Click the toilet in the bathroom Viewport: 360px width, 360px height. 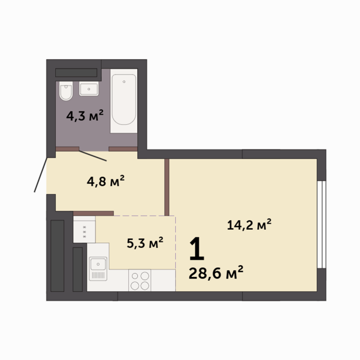[x=66, y=90]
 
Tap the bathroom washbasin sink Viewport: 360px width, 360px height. [x=89, y=89]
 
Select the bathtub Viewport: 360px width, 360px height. [x=124, y=101]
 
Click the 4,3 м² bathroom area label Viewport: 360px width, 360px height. [x=85, y=115]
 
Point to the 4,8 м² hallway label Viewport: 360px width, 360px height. [x=105, y=180]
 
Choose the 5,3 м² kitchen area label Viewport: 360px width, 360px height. [x=145, y=243]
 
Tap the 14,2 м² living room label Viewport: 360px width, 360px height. [x=249, y=225]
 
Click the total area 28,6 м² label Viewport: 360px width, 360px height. [x=216, y=272]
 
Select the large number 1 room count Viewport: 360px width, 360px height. [x=197, y=249]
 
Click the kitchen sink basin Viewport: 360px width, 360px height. [x=98, y=264]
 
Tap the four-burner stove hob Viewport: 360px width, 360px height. [x=140, y=280]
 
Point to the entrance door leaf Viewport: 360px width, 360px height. [x=41, y=174]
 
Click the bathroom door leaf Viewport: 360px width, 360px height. [x=93, y=156]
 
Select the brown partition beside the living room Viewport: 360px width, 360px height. [x=167, y=187]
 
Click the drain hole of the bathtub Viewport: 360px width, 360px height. [x=124, y=82]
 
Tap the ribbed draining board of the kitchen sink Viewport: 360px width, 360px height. [x=98, y=275]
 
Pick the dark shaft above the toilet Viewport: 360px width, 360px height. [x=76, y=73]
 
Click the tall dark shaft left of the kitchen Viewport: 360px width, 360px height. [x=57, y=256]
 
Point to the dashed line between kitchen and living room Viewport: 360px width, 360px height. [x=176, y=242]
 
